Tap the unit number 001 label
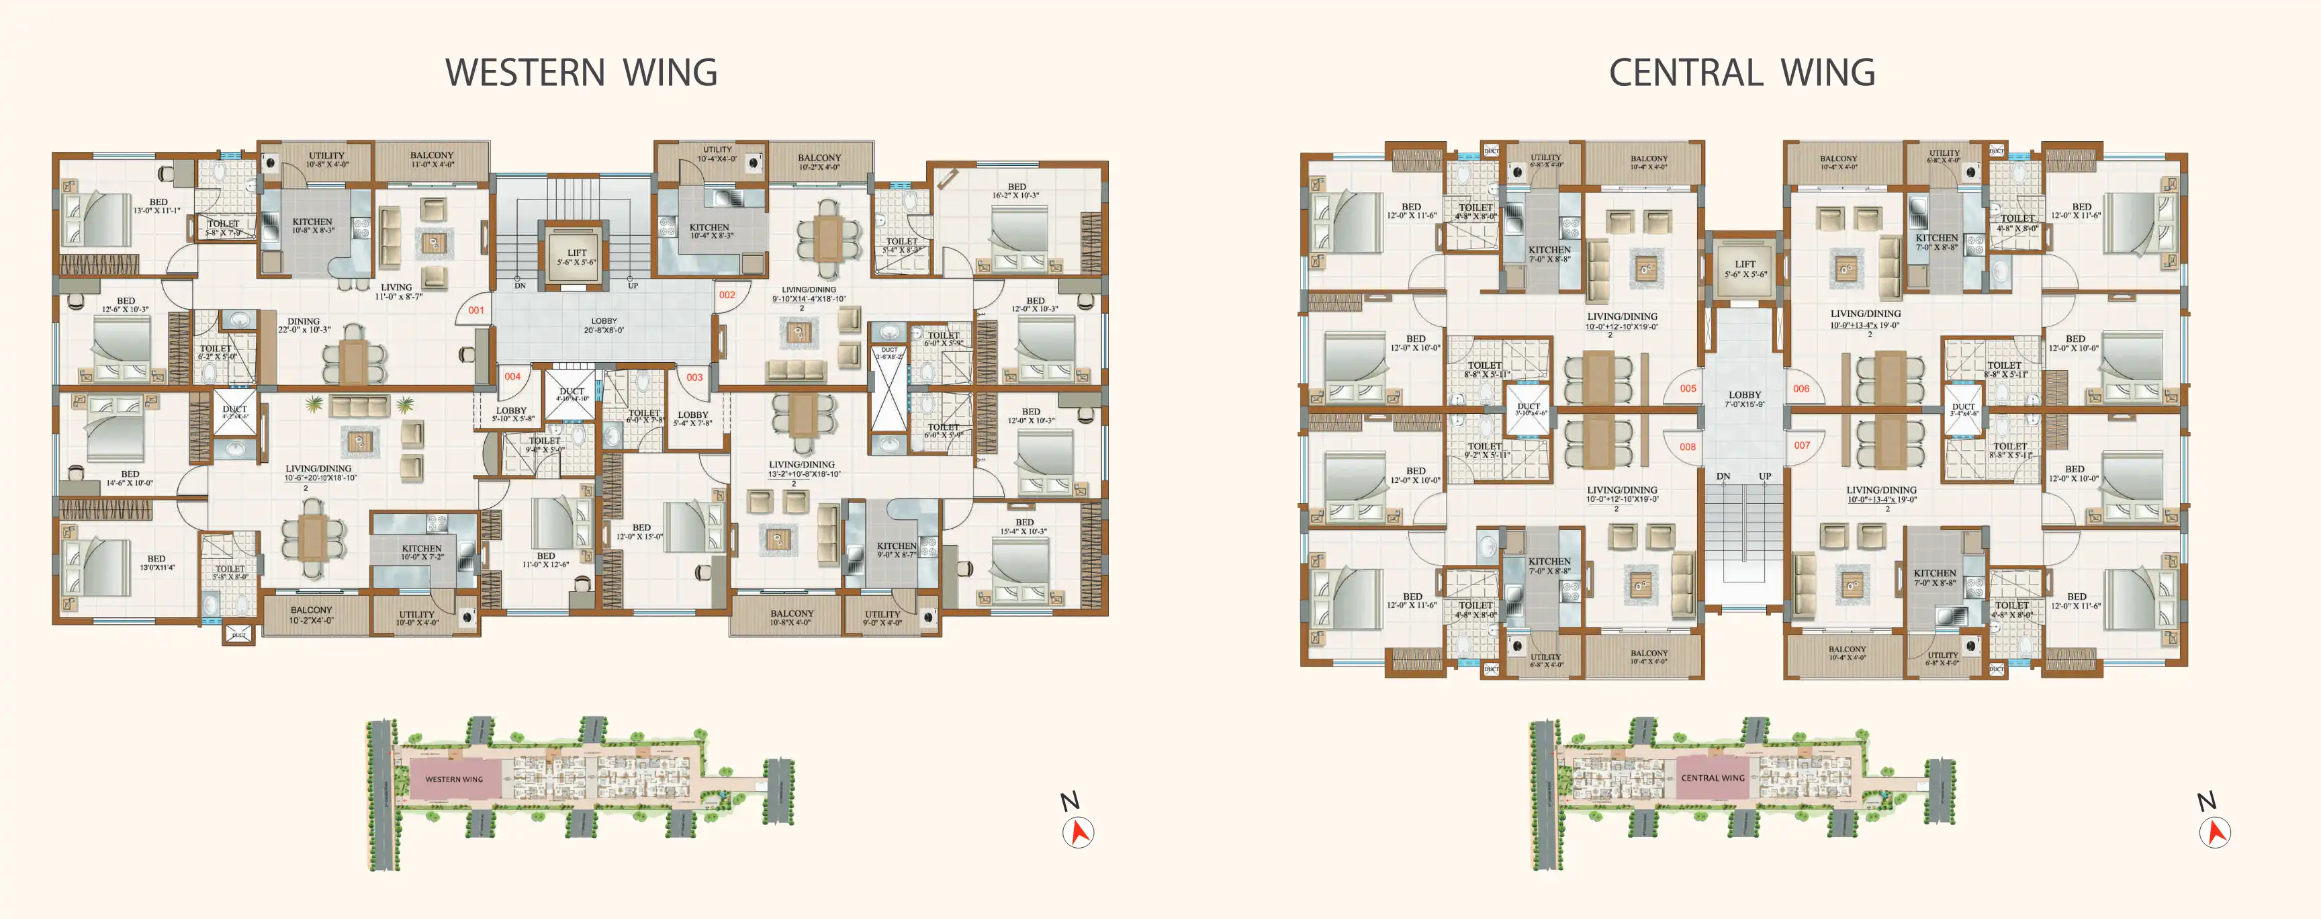pos(475,310)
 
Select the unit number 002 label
pos(726,295)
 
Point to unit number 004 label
pos(512,377)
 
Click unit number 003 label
pos(694,378)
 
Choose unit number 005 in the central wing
pos(1688,388)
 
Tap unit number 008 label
pos(1687,447)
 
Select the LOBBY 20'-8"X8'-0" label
pos(604,325)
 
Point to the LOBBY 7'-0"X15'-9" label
pos(1744,399)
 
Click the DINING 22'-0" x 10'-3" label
pos(304,325)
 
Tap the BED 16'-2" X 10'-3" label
pos(1016,191)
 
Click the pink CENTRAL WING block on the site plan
pos(1712,777)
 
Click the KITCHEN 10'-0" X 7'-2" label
pos(422,552)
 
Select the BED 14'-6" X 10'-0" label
pos(130,478)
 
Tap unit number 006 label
pos(1801,388)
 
